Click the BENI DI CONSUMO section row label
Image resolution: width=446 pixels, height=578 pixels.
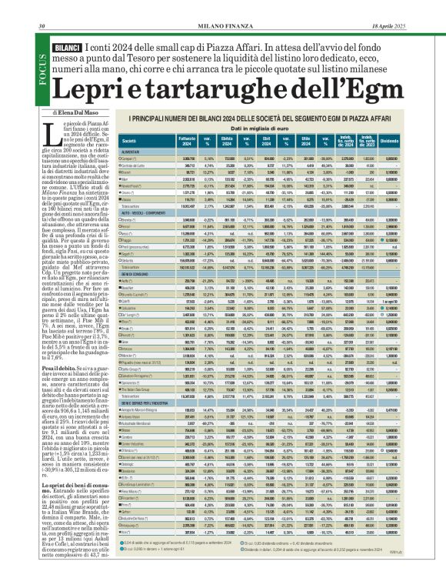[x=147, y=276]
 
